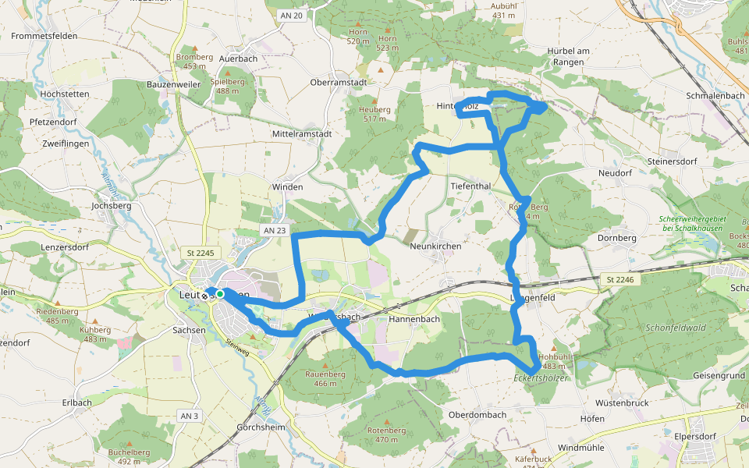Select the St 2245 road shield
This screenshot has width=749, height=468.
201,253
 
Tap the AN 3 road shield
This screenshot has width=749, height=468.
188,416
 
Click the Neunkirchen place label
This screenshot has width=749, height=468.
435,246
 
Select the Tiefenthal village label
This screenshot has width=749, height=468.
470,186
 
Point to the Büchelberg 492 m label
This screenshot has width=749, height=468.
130,456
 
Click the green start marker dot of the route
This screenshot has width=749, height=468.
220,294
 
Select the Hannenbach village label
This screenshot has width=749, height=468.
414,319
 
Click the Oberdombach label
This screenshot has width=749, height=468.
478,415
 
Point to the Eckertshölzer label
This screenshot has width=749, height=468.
541,378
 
